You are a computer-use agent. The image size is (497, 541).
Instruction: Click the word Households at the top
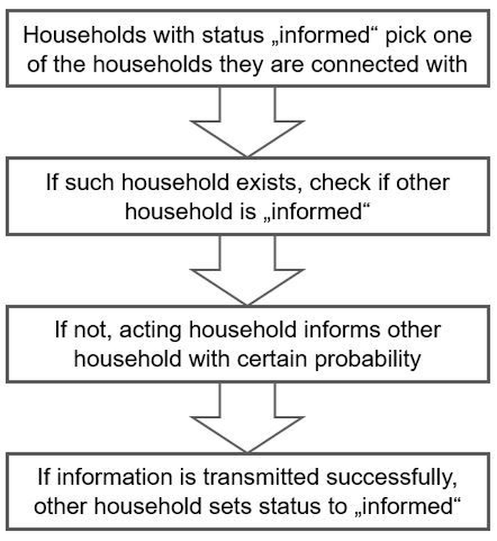tap(84, 35)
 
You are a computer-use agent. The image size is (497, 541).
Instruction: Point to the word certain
tap(272, 359)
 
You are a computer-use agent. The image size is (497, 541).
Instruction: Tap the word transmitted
tap(261, 477)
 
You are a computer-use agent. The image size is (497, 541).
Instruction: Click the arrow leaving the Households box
tap(247, 122)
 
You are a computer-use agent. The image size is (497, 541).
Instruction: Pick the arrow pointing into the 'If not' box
tap(247, 270)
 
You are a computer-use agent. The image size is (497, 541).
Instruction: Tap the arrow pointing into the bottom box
tap(247, 417)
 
